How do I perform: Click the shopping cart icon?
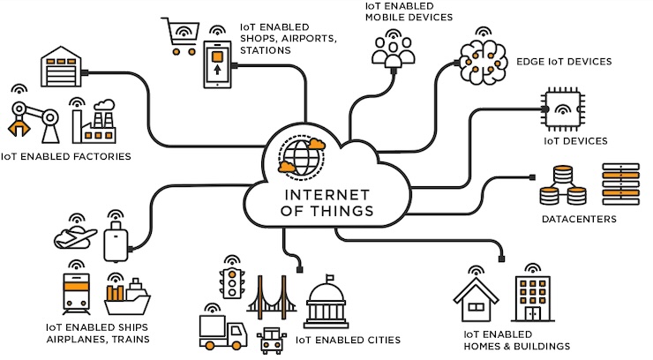pyautogui.click(x=180, y=37)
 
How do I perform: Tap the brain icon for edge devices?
pyautogui.click(x=483, y=62)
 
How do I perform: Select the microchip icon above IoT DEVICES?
pyautogui.click(x=562, y=109)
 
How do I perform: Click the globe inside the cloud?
pyautogui.click(x=302, y=157)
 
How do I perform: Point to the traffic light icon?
pyautogui.click(x=232, y=283)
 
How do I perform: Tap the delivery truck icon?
pyautogui.click(x=222, y=332)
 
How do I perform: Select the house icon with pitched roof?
pyautogui.click(x=476, y=300)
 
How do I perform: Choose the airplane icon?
pyautogui.click(x=75, y=237)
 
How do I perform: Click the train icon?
pyautogui.click(x=76, y=294)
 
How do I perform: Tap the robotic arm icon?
pyautogui.click(x=34, y=118)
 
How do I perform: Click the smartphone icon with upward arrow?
pyautogui.click(x=217, y=64)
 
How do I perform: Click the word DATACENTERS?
pyautogui.click(x=579, y=219)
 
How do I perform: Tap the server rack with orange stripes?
pyautogui.click(x=620, y=184)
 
